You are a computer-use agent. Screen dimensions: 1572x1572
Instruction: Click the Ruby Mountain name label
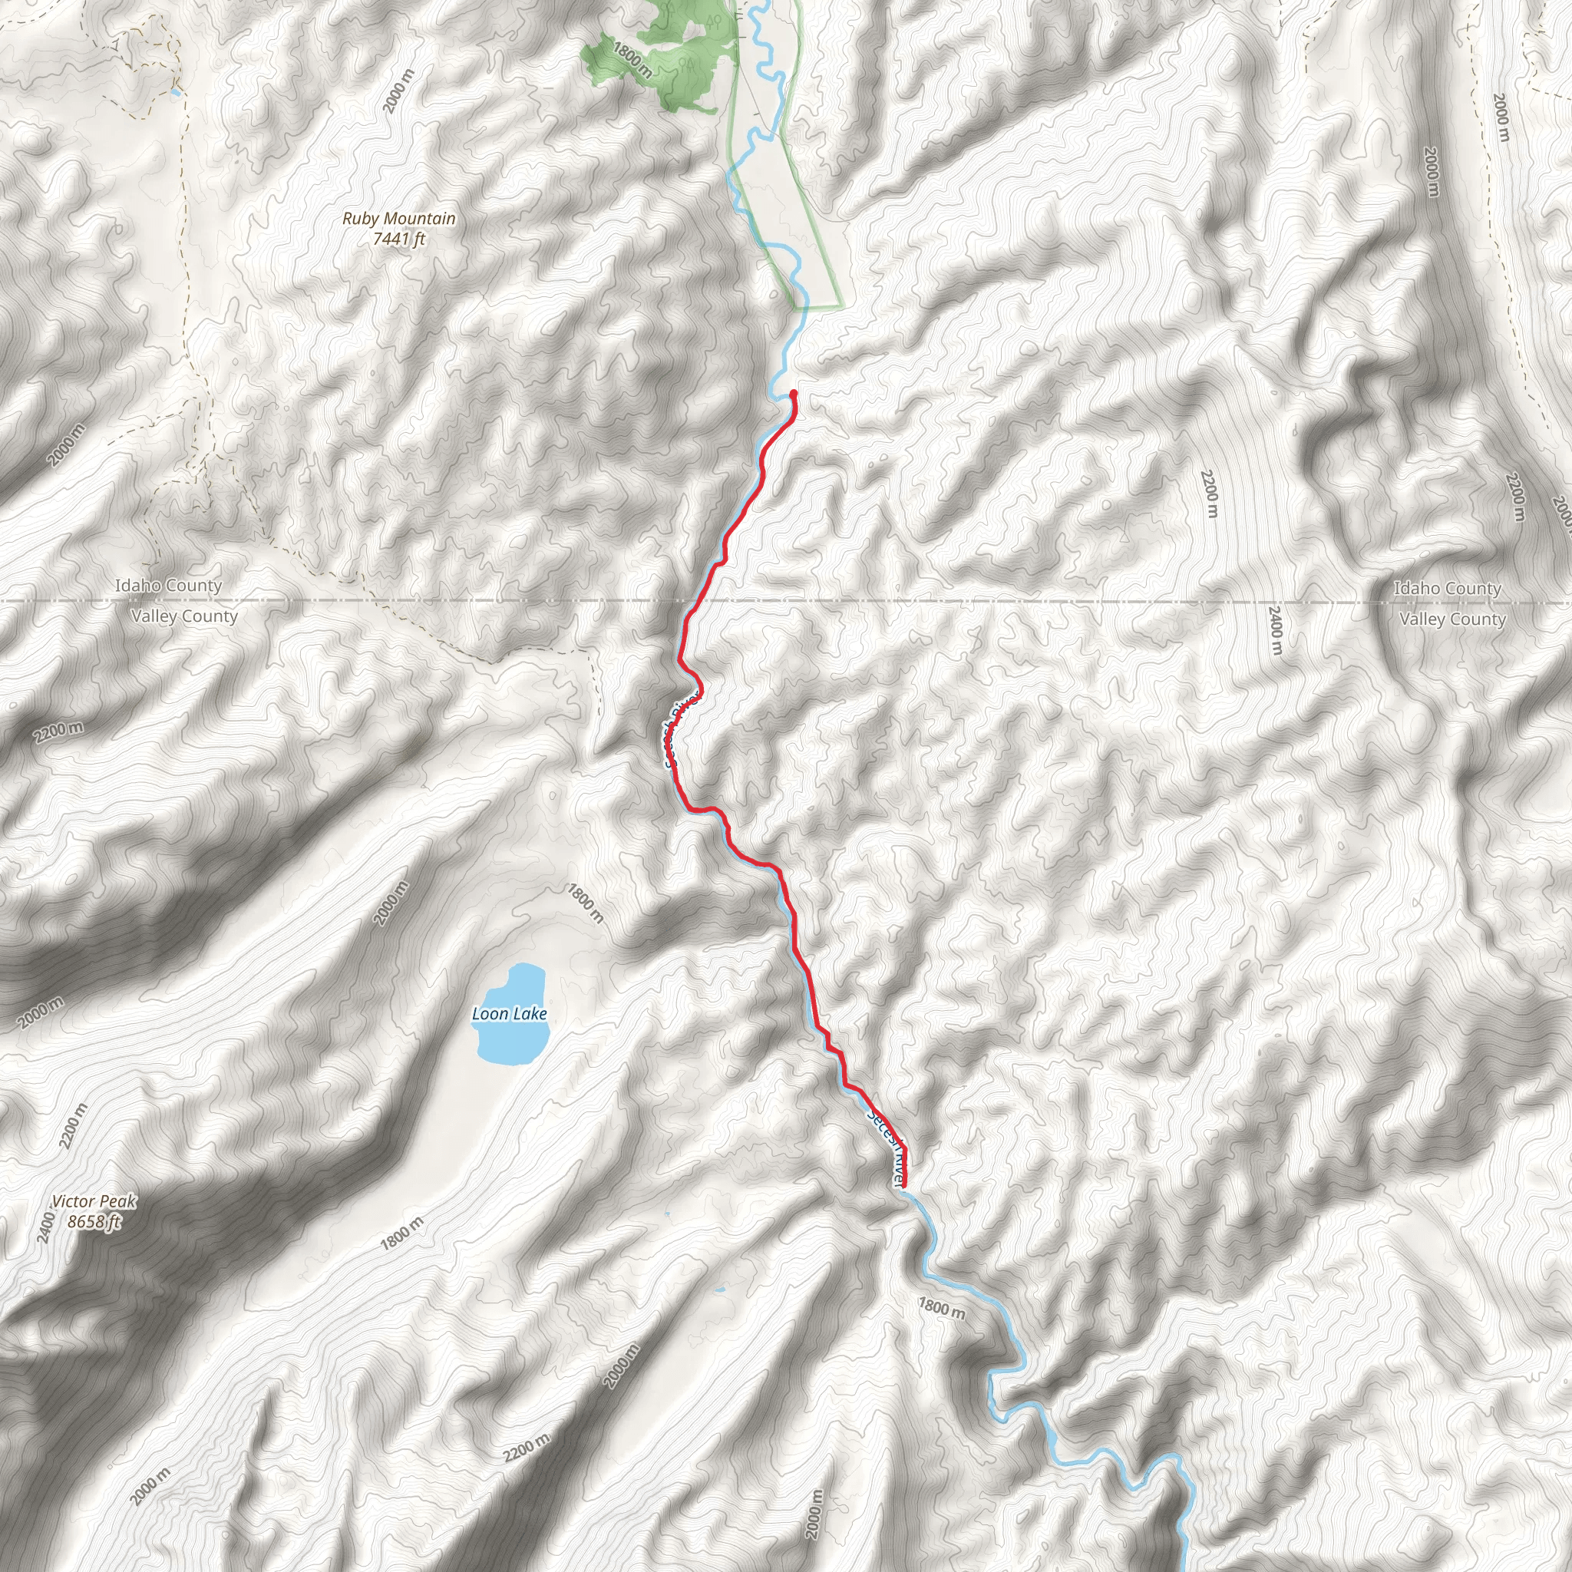click(x=398, y=218)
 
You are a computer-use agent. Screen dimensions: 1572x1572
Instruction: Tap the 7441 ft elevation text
click(x=398, y=239)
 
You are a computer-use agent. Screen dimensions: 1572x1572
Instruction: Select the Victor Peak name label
click(x=94, y=1202)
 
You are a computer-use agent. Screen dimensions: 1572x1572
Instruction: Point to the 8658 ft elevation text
click(x=94, y=1222)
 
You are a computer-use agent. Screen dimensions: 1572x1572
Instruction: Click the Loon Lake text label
click(x=510, y=1014)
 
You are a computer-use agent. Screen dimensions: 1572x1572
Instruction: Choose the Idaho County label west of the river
click(x=167, y=586)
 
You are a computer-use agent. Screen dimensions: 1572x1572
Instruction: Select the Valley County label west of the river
click(x=185, y=617)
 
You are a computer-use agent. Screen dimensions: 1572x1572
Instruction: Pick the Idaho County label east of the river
click(x=1448, y=588)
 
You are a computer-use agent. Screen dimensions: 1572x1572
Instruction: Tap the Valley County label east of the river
click(x=1452, y=620)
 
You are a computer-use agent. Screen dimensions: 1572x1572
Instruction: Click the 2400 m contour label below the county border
click(x=1275, y=631)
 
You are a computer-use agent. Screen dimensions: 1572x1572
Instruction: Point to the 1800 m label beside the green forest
click(x=632, y=60)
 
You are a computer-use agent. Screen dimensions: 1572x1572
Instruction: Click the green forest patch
click(x=683, y=49)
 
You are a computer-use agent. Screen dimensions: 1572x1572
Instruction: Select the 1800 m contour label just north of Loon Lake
click(x=585, y=904)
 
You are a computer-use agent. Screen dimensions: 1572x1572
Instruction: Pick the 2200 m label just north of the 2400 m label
click(x=1210, y=494)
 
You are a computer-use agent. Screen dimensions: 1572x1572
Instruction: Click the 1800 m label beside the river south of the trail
click(x=943, y=1309)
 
